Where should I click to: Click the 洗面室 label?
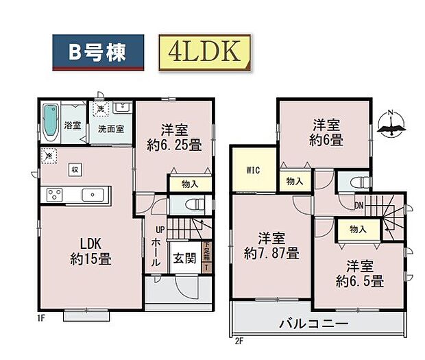click(110, 128)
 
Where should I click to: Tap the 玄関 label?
click(182, 259)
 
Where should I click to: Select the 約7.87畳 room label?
click(272, 245)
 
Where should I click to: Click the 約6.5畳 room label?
click(360, 273)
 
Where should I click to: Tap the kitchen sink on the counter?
click(91, 195)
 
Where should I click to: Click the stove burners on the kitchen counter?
click(55, 195)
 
